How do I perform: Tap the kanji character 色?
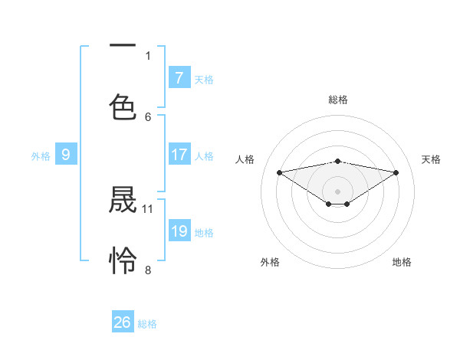pyautogui.click(x=123, y=106)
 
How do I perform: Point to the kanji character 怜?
pyautogui.click(x=123, y=260)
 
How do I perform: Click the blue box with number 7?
pyautogui.click(x=179, y=78)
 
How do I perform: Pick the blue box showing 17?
pyautogui.click(x=179, y=155)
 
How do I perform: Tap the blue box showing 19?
pyautogui.click(x=179, y=231)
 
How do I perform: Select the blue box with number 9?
pyautogui.click(x=66, y=155)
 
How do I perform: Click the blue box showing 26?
pyautogui.click(x=123, y=322)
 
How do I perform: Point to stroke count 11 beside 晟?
pyautogui.click(x=148, y=208)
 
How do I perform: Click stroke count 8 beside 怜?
pyautogui.click(x=148, y=270)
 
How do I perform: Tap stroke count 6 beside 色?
pyautogui.click(x=148, y=116)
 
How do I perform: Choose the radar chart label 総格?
pyautogui.click(x=338, y=100)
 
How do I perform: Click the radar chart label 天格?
pyautogui.click(x=432, y=159)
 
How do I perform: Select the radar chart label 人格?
pyautogui.click(x=245, y=159)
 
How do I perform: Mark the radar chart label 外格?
pyautogui.click(x=270, y=262)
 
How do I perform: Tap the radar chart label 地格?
pyautogui.click(x=402, y=262)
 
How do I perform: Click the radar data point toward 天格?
pyautogui.click(x=396, y=172)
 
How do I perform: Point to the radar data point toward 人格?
pyautogui.click(x=280, y=172)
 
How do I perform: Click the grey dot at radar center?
pyautogui.click(x=338, y=191)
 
